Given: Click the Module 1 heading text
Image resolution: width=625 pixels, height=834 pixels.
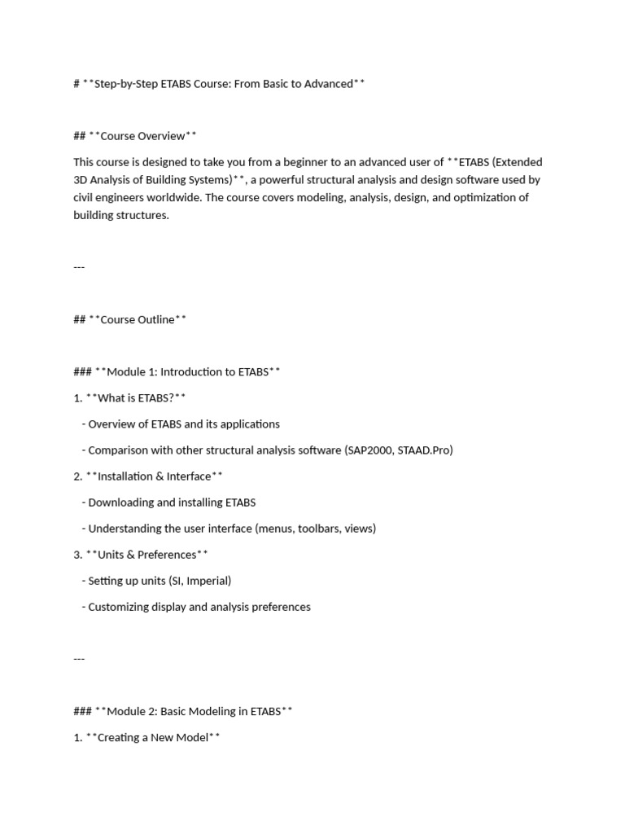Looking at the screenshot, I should click(188, 371).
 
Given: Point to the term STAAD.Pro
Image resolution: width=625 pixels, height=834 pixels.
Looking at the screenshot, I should click(426, 450).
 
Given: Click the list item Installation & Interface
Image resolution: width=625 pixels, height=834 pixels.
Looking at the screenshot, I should click(154, 476).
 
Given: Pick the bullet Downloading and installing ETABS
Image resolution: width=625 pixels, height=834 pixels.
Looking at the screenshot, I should click(172, 503).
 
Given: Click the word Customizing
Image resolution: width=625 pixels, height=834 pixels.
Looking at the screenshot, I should click(119, 607).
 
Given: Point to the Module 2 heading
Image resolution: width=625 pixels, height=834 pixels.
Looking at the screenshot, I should click(194, 711).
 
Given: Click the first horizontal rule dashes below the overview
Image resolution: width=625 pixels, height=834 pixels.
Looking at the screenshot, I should click(79, 267).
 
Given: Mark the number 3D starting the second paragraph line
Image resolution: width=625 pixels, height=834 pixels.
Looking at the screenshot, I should click(81, 180).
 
